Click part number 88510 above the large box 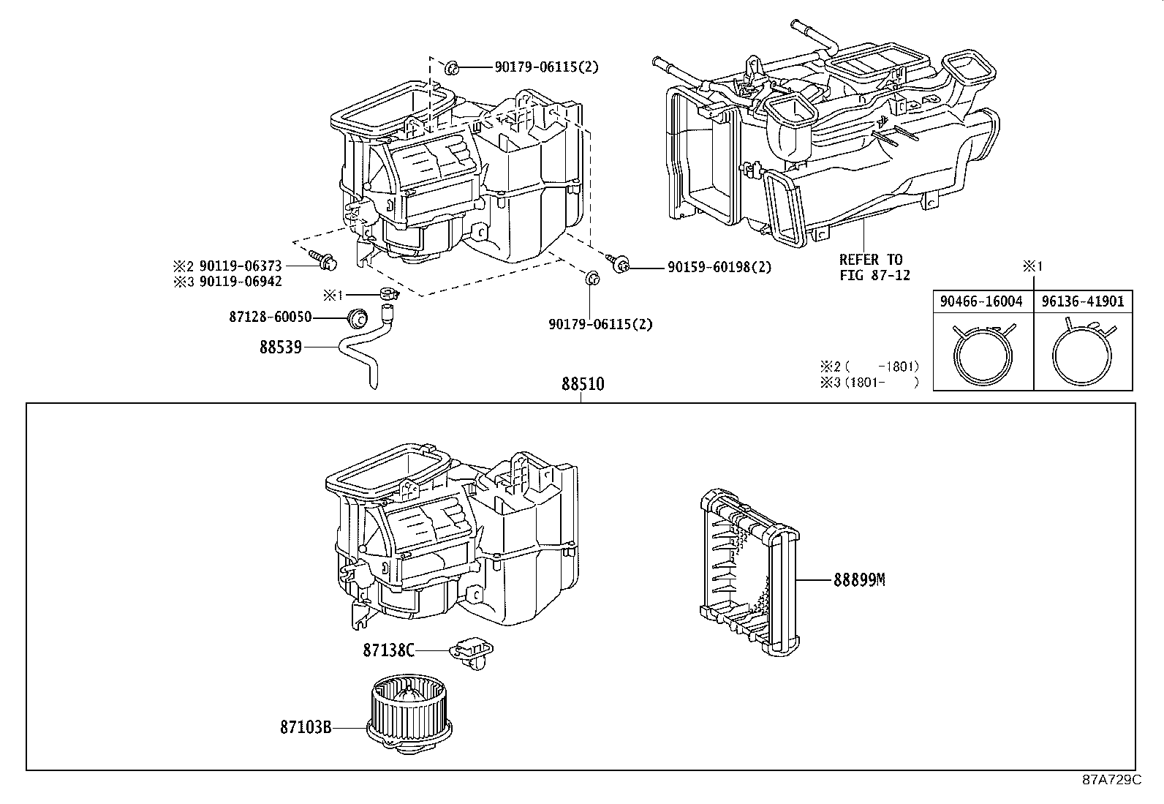[x=583, y=383]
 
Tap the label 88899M [x=859, y=579]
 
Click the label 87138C [x=388, y=649]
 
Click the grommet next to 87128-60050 [x=358, y=318]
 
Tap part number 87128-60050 [x=271, y=317]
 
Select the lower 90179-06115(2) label [x=600, y=323]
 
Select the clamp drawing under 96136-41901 [x=1083, y=353]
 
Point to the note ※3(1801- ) [x=869, y=382]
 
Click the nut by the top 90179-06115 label [x=450, y=68]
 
